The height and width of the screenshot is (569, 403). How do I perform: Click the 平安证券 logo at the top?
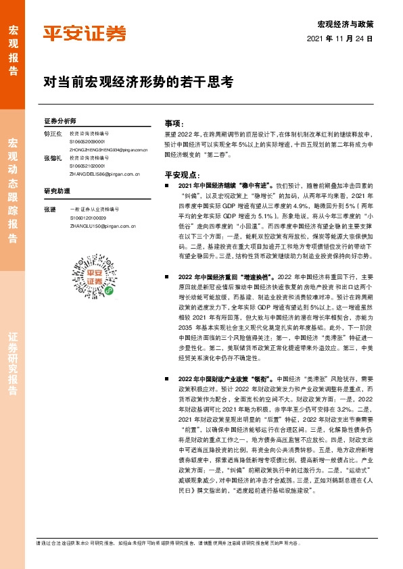point(85,32)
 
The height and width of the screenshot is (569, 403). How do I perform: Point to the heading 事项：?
point(174,124)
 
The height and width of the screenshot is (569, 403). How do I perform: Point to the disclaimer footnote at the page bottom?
point(169,543)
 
